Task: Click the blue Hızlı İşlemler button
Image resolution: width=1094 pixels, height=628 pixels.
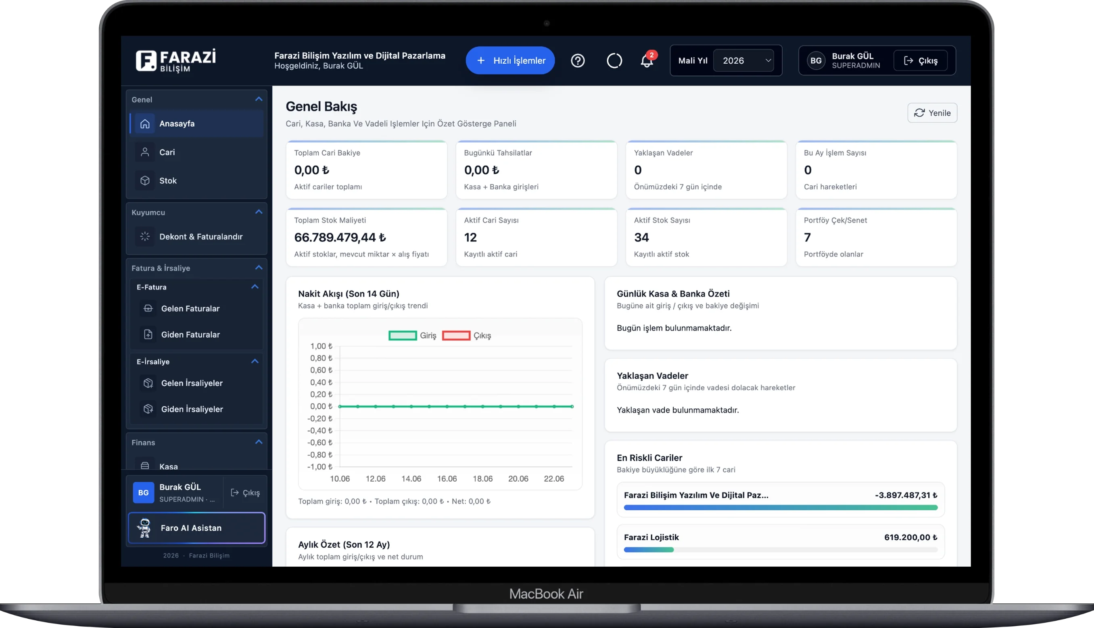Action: point(510,60)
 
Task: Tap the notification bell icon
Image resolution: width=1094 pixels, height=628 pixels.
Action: point(647,61)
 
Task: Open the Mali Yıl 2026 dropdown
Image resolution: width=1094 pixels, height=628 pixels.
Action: point(743,60)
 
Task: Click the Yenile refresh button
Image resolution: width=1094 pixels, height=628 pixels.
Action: point(932,113)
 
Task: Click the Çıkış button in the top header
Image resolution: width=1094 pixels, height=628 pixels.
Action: point(921,61)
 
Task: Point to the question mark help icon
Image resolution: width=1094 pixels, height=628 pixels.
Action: point(578,61)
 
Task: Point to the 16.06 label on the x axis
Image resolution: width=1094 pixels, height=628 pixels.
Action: point(447,479)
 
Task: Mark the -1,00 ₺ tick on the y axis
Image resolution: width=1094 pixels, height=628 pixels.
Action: point(320,467)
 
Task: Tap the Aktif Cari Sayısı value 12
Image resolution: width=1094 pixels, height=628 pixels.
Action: point(470,238)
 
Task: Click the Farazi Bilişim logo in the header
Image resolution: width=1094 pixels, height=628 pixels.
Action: point(175,60)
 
